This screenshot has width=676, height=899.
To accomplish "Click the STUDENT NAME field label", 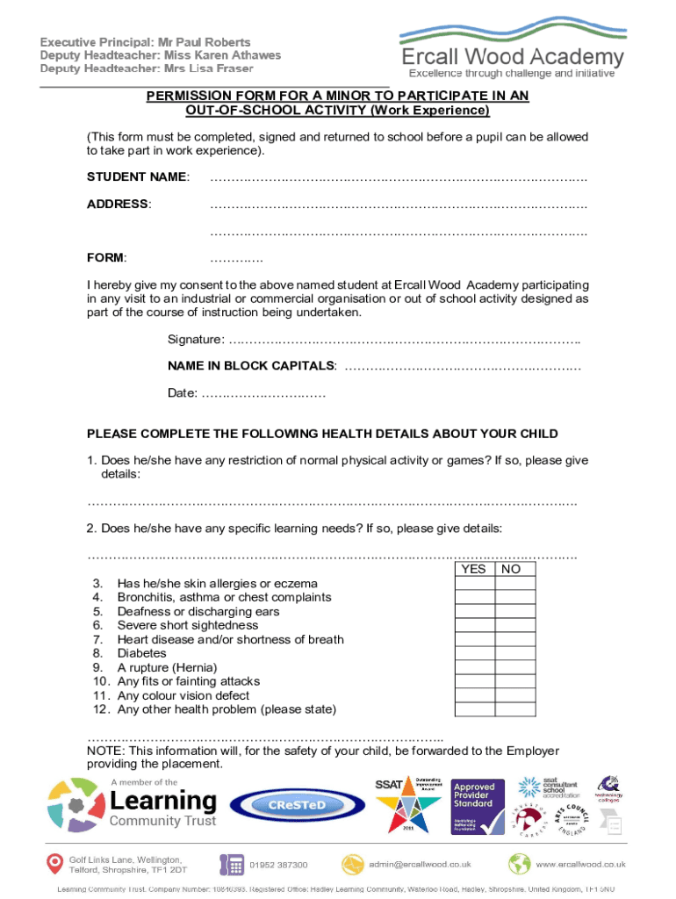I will point(137,177).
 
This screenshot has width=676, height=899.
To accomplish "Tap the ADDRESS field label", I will point(118,205).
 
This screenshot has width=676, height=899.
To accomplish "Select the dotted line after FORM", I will point(236,259).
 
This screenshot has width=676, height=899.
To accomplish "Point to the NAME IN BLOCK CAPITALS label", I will point(252,365).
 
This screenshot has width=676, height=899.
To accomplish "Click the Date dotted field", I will point(264,394).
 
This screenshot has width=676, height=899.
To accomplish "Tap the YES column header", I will point(473,570).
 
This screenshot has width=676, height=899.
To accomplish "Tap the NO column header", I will point(511,570).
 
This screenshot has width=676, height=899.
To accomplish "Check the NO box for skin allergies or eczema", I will point(511,584).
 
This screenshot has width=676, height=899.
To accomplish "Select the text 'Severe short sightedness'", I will point(188,626).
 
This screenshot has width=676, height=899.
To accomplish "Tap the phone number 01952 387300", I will point(278,865).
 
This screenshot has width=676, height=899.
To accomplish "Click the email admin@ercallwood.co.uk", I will point(425,865).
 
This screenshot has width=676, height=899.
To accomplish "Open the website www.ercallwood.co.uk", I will point(580,865).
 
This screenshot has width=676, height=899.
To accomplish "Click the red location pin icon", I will point(54,865).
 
